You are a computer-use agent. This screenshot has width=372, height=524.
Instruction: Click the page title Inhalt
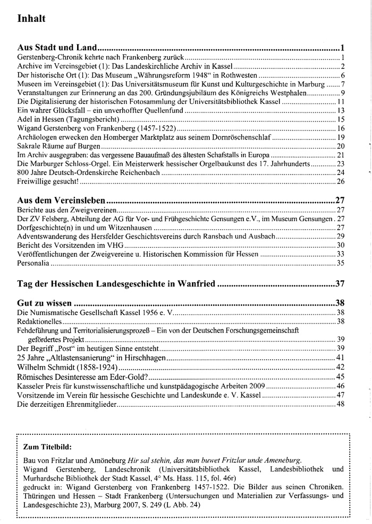click(31, 19)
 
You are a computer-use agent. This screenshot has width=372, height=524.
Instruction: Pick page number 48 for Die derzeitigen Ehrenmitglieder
click(341, 405)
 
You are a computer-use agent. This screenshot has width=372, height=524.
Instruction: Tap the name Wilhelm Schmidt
click(47, 367)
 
